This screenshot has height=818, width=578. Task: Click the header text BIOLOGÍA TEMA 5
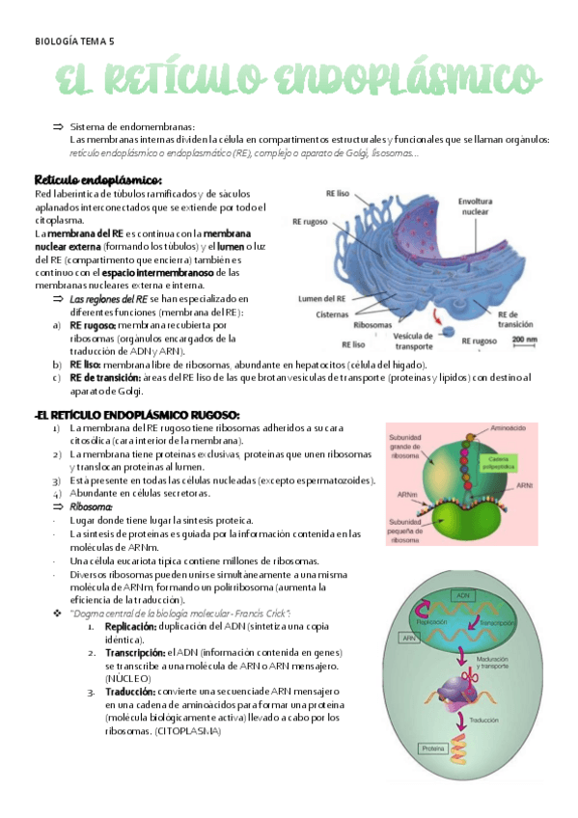tap(74, 41)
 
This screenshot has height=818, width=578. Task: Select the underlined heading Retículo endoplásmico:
tap(97, 180)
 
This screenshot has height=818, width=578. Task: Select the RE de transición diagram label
tap(514, 319)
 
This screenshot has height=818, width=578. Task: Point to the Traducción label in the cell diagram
tap(485, 720)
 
